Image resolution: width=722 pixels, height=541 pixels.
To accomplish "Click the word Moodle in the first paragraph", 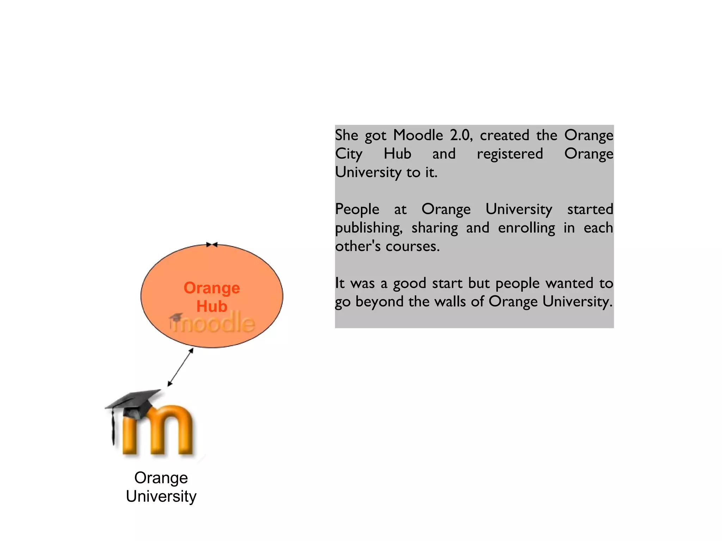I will point(418,135).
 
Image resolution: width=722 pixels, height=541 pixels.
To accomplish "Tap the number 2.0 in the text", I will point(461,135).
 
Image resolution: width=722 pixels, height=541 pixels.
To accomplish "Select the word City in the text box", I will point(349,154).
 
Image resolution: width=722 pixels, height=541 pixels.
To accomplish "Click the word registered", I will point(510,154).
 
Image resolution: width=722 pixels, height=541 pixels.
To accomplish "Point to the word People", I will point(357,209).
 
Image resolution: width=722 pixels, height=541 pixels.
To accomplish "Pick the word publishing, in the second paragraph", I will point(369,228).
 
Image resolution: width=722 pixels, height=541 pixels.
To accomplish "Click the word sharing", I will point(435,228).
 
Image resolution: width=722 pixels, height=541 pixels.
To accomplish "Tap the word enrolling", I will point(526,228).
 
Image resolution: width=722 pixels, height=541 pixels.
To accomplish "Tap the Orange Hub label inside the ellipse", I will point(212,297).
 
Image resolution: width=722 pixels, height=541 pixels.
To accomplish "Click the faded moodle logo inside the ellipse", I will point(212,322).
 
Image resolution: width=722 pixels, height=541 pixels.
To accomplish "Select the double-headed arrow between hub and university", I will point(180,367).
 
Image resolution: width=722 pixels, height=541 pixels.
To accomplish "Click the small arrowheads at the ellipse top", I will point(212,244).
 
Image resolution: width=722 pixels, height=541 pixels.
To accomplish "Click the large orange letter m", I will point(159,431).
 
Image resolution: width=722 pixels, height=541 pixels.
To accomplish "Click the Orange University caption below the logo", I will point(161,487).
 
